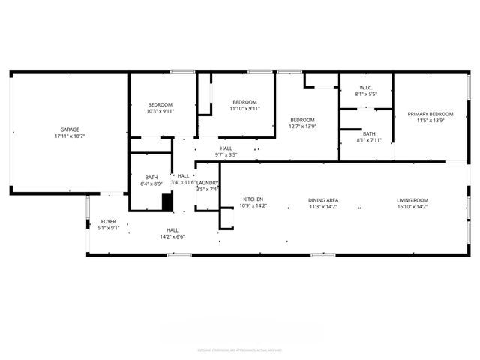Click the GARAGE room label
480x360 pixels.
(70, 130)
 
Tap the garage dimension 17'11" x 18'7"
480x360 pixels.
(70, 137)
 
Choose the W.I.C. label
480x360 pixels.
(366, 88)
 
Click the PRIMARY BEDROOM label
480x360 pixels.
(426, 114)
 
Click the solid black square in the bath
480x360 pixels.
(167, 202)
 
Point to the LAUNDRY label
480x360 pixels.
(207, 183)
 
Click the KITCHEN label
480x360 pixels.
(252, 199)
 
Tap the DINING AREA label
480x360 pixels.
(324, 200)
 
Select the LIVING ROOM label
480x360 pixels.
(412, 200)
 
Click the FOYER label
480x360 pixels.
(109, 222)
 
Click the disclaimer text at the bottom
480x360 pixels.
(239, 349)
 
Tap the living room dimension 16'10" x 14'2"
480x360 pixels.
(412, 207)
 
